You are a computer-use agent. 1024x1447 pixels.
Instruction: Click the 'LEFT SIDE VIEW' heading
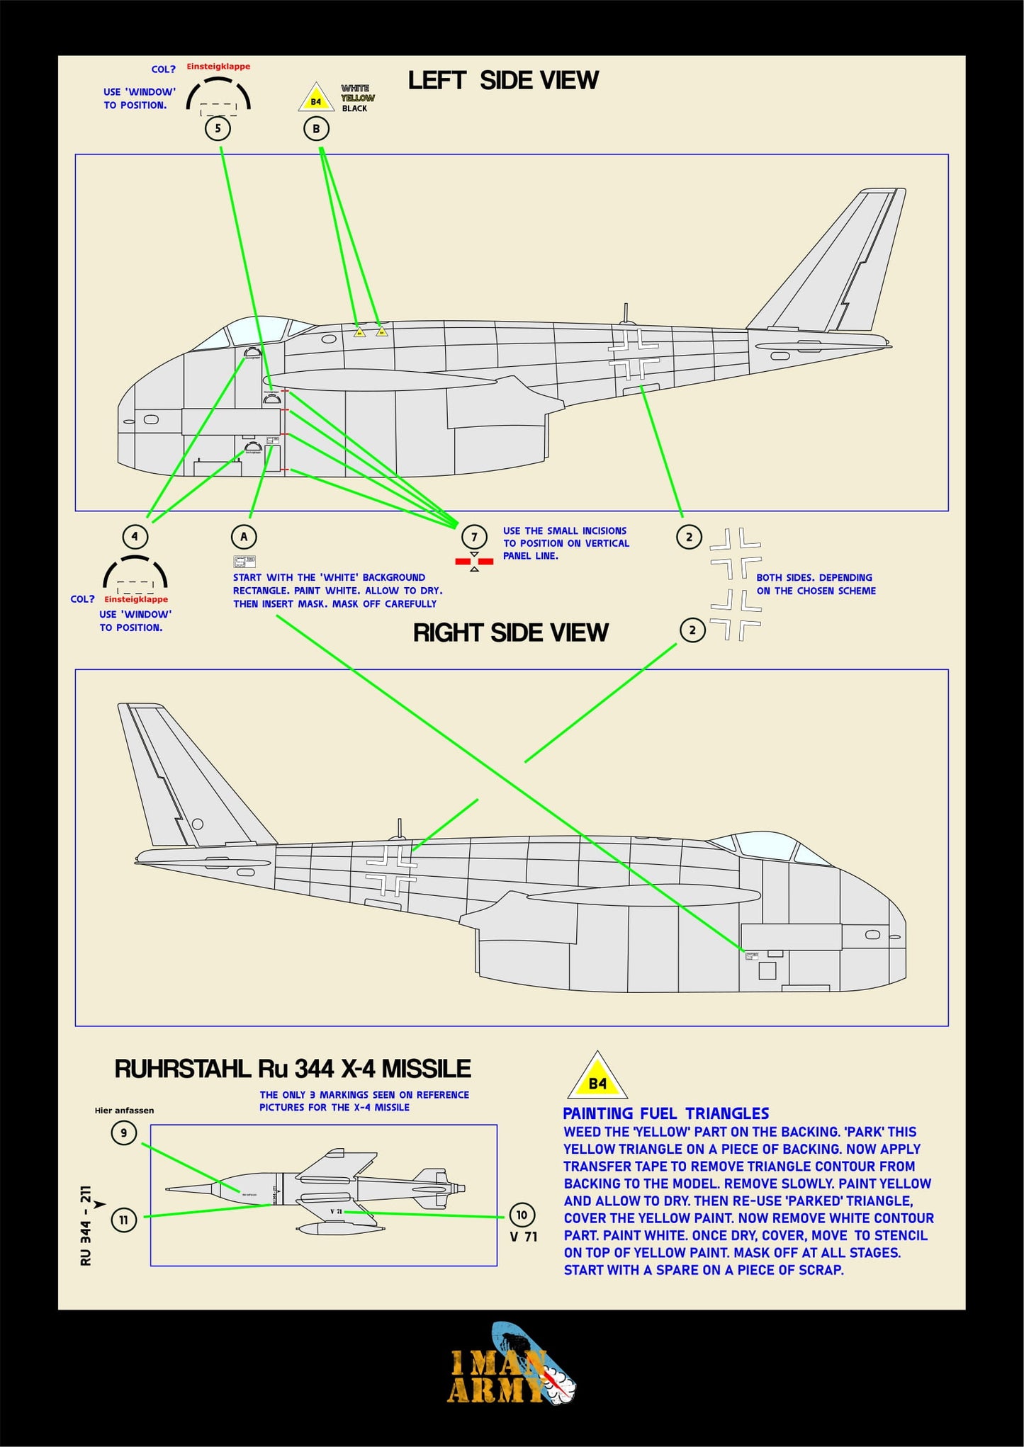503,81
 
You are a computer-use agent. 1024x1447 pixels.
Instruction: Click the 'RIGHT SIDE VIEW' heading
510,632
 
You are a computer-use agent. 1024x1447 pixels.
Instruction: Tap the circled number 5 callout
218,128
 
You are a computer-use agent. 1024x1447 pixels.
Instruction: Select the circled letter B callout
316,129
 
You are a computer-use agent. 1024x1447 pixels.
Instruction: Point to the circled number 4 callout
135,536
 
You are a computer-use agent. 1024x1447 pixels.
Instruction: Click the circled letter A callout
244,536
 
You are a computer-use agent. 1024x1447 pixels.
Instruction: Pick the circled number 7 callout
474,537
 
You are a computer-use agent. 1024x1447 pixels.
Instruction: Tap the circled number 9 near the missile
124,1133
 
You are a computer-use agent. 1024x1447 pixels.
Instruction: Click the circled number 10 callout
522,1215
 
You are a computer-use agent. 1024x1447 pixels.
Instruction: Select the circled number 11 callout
124,1220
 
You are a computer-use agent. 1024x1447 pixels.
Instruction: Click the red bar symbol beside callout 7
474,562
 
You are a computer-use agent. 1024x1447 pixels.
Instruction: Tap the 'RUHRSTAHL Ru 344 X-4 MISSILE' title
293,1069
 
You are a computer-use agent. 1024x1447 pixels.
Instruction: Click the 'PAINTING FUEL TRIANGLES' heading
665,1113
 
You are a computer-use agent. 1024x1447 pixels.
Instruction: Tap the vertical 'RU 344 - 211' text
86,1225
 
